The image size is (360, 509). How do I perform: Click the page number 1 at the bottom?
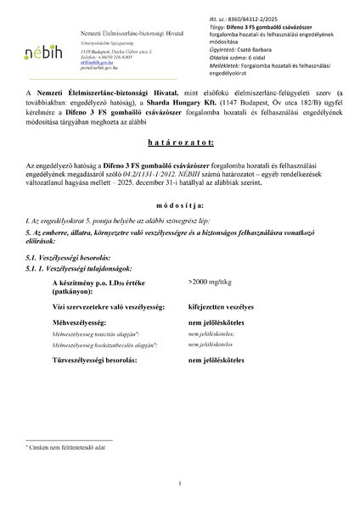click(x=180, y=484)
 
